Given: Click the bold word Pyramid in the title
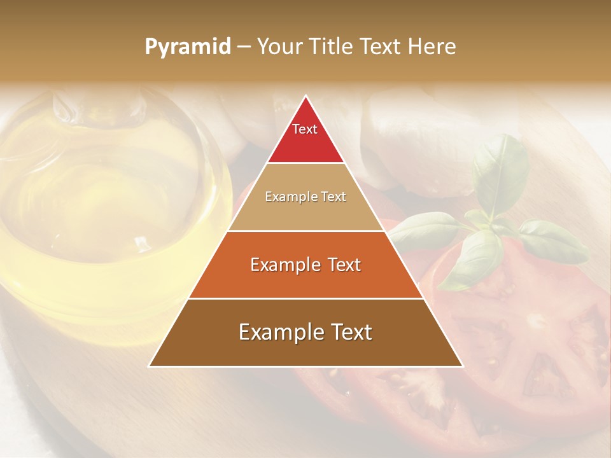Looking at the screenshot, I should [188, 47].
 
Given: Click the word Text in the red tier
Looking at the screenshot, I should [305, 129].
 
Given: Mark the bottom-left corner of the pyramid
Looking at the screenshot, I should [150, 366].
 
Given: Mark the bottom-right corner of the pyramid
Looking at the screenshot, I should [461, 366].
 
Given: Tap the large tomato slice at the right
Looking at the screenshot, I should [528, 337].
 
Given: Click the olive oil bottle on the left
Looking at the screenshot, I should [108, 210].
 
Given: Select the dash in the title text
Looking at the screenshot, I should [244, 47].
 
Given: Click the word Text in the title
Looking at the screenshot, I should [382, 47].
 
